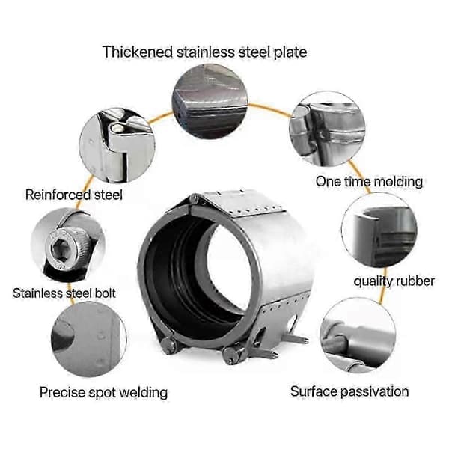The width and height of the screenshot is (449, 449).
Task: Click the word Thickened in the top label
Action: tap(138, 52)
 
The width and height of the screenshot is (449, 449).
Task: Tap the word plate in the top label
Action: tap(290, 52)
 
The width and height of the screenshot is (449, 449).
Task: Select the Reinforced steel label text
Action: tap(74, 195)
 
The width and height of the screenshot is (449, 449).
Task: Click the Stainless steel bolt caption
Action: tap(64, 293)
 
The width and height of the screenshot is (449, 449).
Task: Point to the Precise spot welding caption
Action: tap(103, 392)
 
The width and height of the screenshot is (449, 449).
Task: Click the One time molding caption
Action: tap(369, 182)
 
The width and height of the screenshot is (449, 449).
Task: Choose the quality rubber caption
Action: tap(394, 281)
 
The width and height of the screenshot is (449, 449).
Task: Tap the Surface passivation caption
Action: tap(349, 391)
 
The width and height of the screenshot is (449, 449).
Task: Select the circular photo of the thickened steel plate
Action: tap(210, 101)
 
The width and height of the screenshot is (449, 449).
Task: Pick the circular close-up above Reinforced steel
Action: tap(117, 145)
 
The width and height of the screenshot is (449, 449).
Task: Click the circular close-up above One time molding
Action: tap(327, 129)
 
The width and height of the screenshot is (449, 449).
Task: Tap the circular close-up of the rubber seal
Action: tap(379, 230)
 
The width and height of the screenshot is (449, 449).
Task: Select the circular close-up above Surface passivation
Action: tap(358, 335)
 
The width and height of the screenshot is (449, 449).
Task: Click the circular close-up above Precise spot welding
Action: tap(89, 340)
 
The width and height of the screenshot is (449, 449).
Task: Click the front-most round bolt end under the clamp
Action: tap(231, 354)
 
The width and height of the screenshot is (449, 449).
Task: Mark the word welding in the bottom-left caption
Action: tap(143, 393)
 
